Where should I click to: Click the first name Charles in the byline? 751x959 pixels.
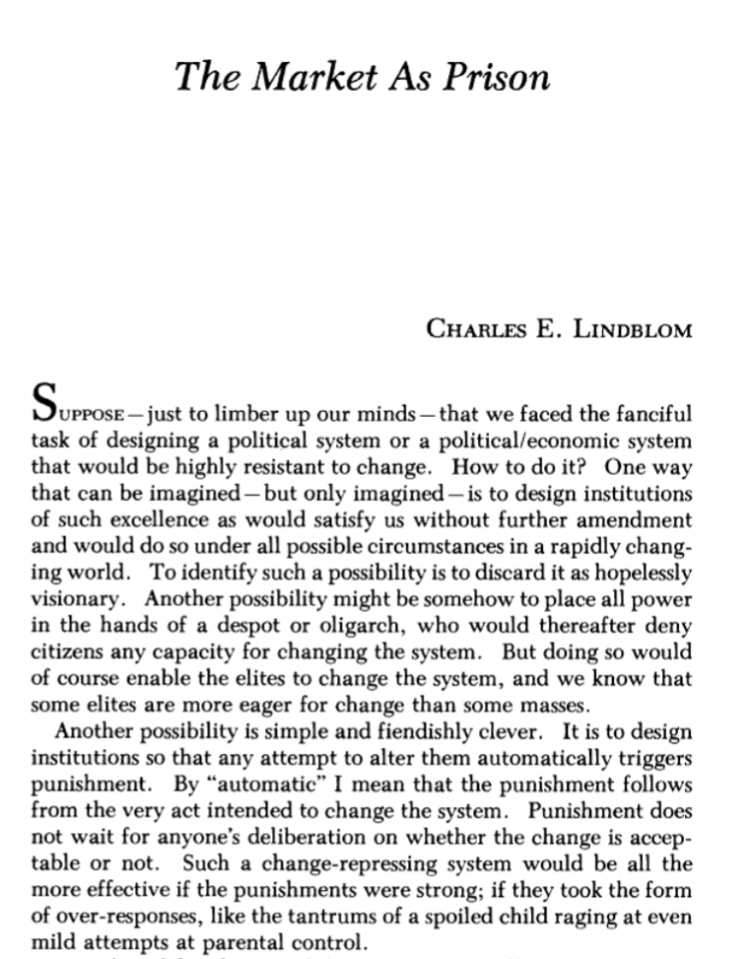(x=474, y=327)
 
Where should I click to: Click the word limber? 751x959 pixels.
(x=219, y=412)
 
